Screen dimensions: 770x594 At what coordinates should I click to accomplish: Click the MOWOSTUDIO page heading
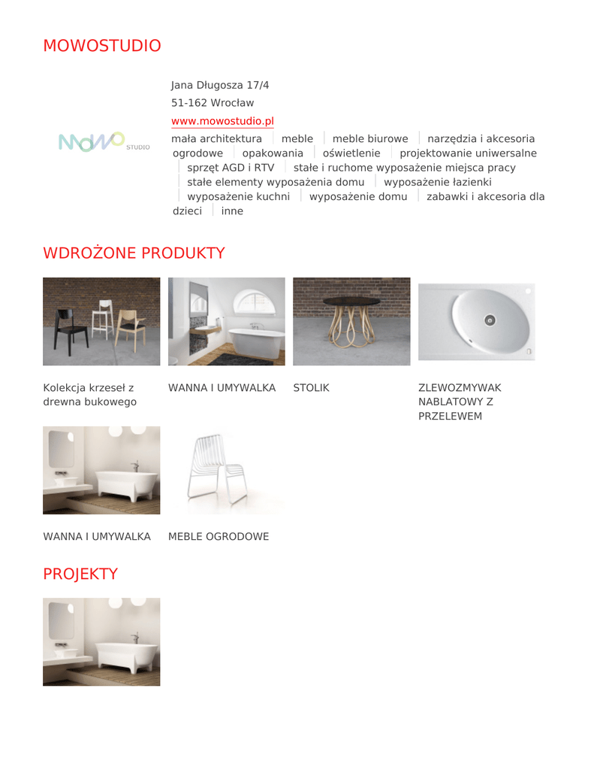coord(101,46)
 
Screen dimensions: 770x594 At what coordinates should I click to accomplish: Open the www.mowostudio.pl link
coord(222,121)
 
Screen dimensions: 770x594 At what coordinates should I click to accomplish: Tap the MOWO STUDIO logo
coord(104,142)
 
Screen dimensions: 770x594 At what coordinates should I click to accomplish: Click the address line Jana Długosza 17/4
coord(220,85)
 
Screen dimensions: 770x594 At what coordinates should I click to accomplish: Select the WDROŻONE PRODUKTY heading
coord(134,253)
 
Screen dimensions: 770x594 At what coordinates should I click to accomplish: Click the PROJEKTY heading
coord(80,574)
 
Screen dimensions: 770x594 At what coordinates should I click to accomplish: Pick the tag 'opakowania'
coord(273,153)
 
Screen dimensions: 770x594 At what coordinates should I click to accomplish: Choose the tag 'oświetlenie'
coord(351,153)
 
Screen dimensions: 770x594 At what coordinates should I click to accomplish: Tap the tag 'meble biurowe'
coord(370,139)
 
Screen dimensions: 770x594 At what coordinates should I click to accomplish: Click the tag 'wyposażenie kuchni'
coord(238,197)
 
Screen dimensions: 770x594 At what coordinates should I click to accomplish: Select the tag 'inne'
coord(232,211)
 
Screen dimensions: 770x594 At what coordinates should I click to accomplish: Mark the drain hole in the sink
coord(490,320)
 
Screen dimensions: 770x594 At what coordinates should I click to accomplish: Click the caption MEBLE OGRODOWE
coord(218,537)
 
